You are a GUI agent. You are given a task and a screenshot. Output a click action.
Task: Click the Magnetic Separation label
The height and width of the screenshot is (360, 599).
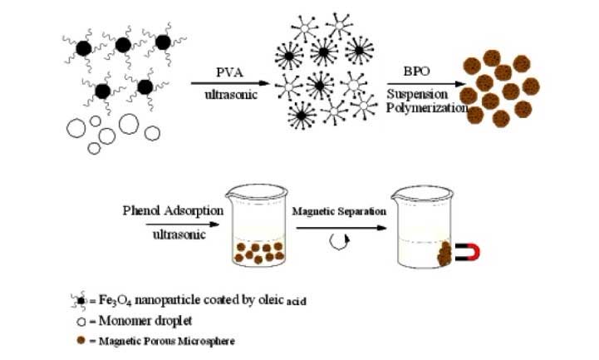[x=339, y=211]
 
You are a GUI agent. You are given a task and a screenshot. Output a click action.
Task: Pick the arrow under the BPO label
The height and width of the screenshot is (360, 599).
[x=424, y=83]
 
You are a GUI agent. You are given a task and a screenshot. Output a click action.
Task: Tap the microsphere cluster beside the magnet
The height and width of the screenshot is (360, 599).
[x=446, y=250]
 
